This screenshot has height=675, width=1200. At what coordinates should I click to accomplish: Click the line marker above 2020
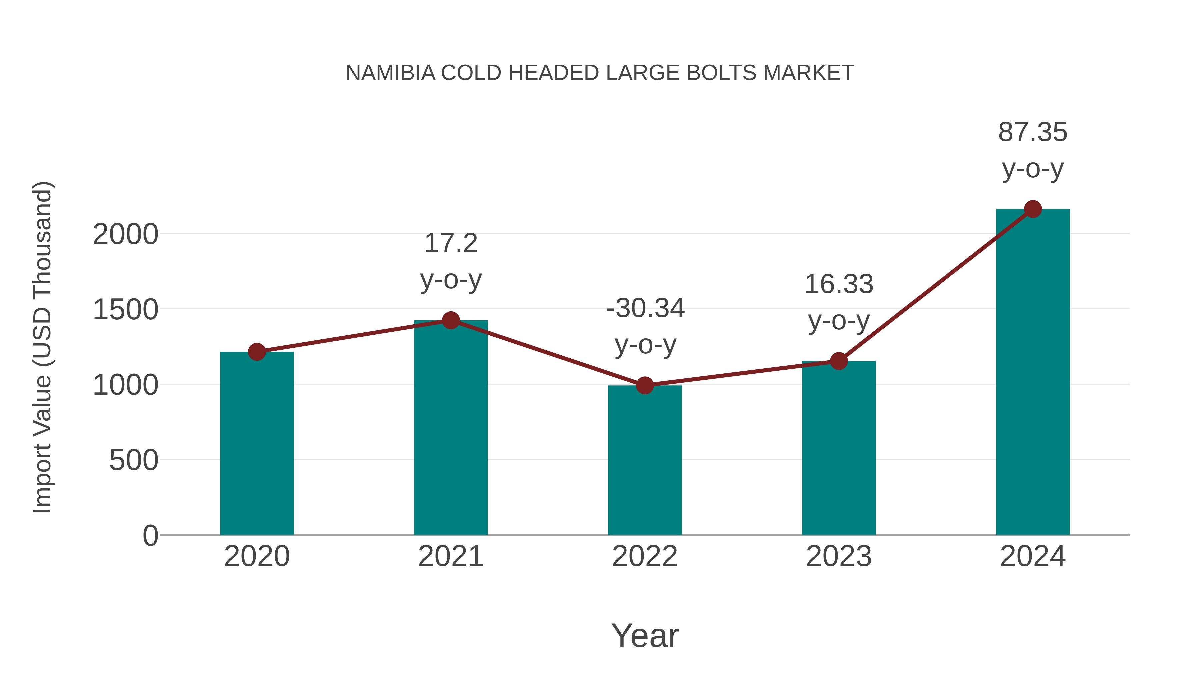(x=257, y=352)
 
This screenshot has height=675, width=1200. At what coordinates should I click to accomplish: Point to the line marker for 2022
(x=645, y=385)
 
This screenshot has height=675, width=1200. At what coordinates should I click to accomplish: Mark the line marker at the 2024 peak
(x=1033, y=209)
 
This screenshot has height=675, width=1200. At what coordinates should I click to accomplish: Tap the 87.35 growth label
(x=1032, y=132)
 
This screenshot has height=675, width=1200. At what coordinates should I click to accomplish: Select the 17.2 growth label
(x=450, y=243)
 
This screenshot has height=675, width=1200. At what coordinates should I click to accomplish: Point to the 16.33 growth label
(x=839, y=284)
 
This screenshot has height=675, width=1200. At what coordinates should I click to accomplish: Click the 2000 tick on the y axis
(x=125, y=234)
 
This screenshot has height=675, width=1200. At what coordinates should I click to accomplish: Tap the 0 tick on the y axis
(x=150, y=536)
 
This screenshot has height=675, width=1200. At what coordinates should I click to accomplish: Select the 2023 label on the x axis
(x=839, y=556)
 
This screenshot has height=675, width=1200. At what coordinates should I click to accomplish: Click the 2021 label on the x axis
(x=450, y=556)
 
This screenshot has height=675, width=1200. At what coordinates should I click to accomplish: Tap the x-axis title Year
(x=645, y=635)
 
